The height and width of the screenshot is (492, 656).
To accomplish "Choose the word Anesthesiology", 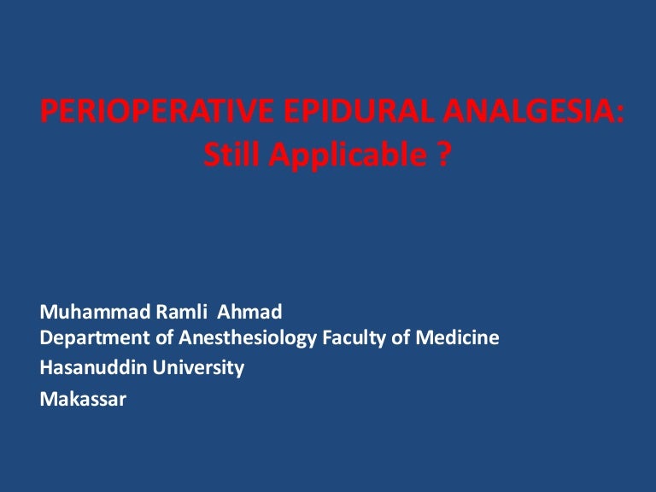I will coord(244,339).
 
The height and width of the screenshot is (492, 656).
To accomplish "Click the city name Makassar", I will coord(83,398).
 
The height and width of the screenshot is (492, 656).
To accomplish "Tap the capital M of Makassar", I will coord(48,398).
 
